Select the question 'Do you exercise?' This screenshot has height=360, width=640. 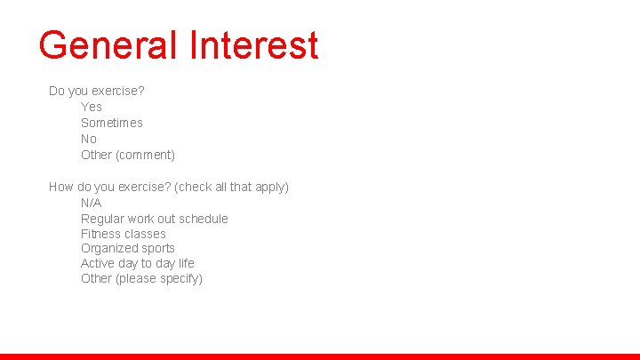[97, 91]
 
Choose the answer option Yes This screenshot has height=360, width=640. [92, 107]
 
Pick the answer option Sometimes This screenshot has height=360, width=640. [112, 123]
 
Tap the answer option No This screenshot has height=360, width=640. [89, 139]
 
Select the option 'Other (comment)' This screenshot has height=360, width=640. [128, 155]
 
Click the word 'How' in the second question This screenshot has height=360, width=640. [61, 187]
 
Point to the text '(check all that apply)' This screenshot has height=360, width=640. [232, 187]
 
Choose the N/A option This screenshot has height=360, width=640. [92, 203]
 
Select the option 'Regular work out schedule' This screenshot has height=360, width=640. [155, 219]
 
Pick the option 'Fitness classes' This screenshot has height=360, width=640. [124, 234]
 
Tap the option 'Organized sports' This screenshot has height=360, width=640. [128, 248]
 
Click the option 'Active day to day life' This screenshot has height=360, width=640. [138, 263]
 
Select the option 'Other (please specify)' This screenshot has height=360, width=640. [142, 278]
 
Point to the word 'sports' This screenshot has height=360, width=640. [157, 248]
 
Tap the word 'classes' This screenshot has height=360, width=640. [146, 234]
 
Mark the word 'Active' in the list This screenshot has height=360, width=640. [98, 263]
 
